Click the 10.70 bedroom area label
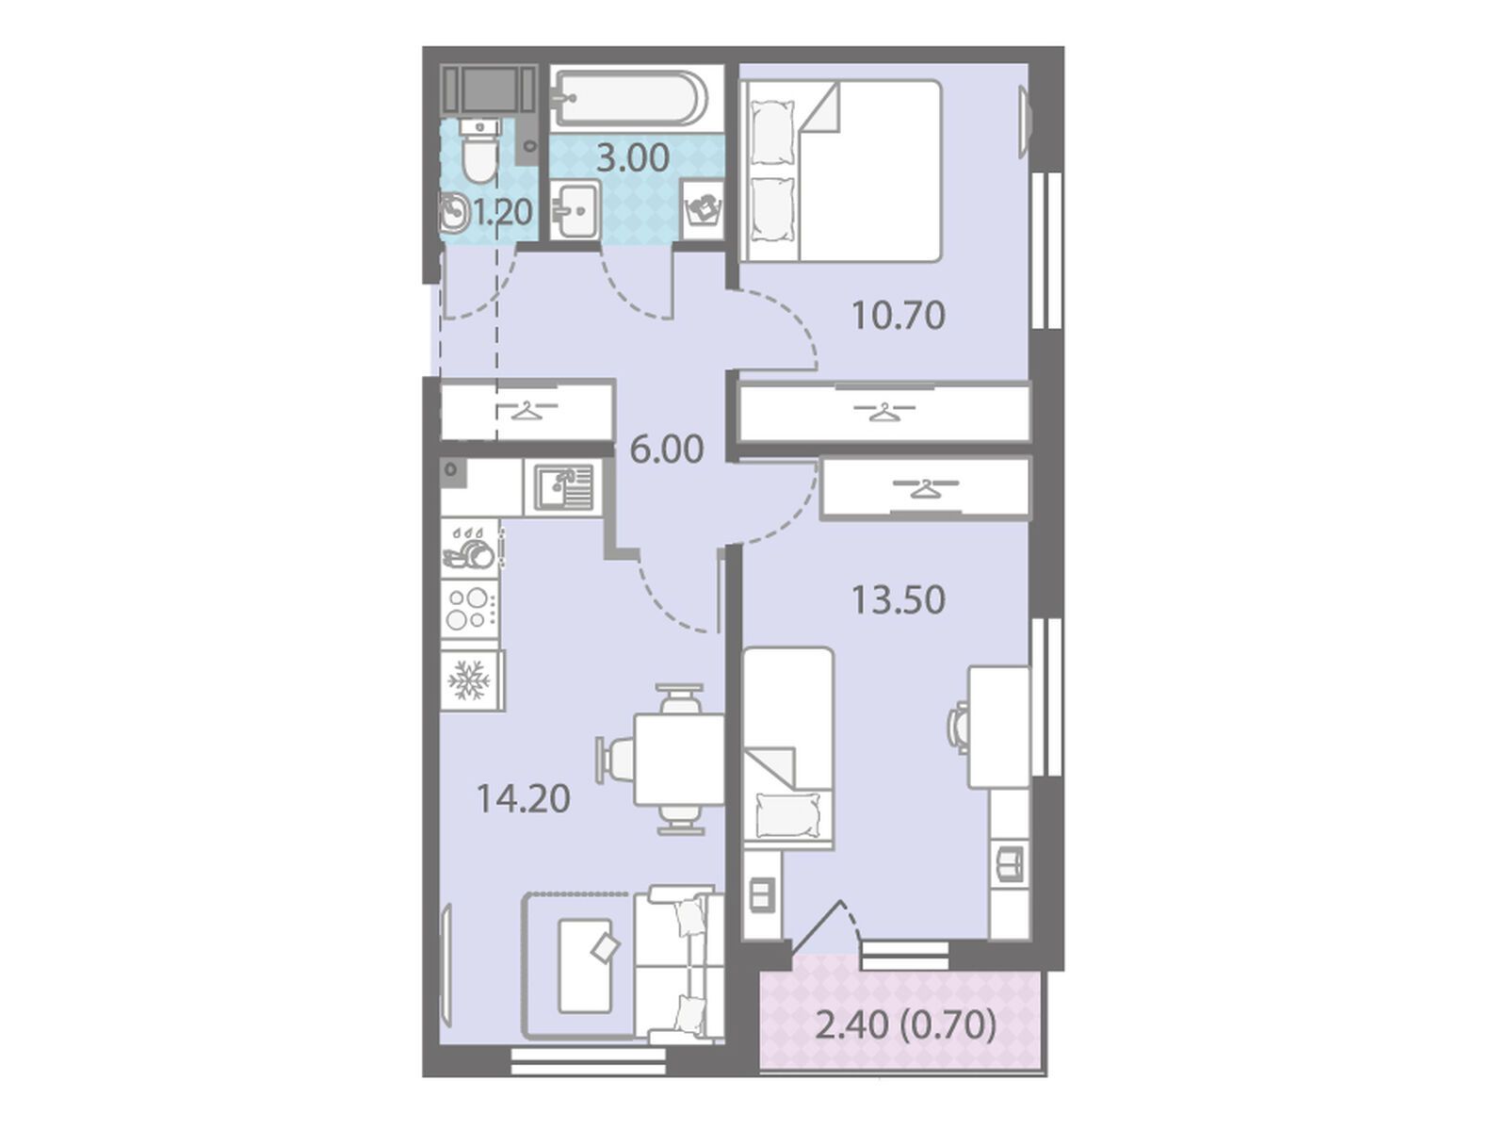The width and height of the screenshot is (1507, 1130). [898, 316]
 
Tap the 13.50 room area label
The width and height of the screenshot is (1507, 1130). [898, 599]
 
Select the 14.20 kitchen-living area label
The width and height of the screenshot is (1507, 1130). [523, 799]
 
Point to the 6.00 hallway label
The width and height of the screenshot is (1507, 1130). [667, 450]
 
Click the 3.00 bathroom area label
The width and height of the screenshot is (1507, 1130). [632, 158]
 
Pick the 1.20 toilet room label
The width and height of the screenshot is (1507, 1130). [503, 212]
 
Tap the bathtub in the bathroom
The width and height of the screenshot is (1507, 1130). [630, 99]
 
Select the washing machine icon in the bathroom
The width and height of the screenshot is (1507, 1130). [702, 209]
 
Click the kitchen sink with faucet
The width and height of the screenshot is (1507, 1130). [563, 487]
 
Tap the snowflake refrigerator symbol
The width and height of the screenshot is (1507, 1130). [469, 680]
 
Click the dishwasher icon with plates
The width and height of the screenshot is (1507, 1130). [470, 549]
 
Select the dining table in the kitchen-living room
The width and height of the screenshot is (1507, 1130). [678, 759]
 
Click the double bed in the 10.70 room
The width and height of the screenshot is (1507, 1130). [840, 171]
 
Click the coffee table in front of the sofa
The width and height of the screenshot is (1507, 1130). [586, 967]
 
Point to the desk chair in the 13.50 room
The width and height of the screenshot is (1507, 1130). [958, 727]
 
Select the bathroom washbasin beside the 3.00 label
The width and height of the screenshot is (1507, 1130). [575, 209]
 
